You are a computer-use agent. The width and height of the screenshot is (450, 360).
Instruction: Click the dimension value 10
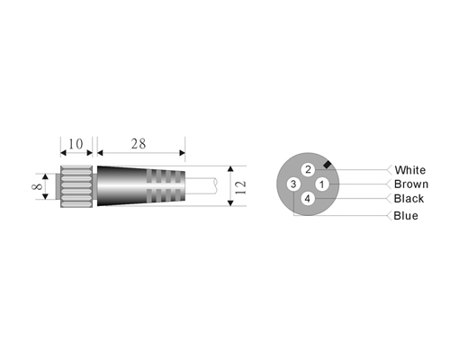pyautogui.click(x=76, y=144)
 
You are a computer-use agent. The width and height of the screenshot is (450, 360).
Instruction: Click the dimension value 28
pyautogui.click(x=139, y=144)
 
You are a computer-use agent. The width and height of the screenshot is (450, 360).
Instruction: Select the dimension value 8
pyautogui.click(x=37, y=186)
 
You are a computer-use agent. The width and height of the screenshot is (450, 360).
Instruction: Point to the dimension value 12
pyautogui.click(x=240, y=187)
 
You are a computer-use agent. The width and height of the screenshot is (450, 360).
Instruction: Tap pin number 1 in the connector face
pyautogui.click(x=322, y=184)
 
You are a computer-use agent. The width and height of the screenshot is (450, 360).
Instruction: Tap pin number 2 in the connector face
pyautogui.click(x=308, y=170)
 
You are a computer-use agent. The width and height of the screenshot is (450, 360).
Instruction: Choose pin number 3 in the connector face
pyautogui.click(x=293, y=184)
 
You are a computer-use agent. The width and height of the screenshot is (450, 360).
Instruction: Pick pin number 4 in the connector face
pyautogui.click(x=308, y=199)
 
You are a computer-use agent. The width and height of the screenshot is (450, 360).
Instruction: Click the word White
pyautogui.click(x=410, y=170)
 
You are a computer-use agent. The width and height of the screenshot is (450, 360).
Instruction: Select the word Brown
pyautogui.click(x=411, y=184)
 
